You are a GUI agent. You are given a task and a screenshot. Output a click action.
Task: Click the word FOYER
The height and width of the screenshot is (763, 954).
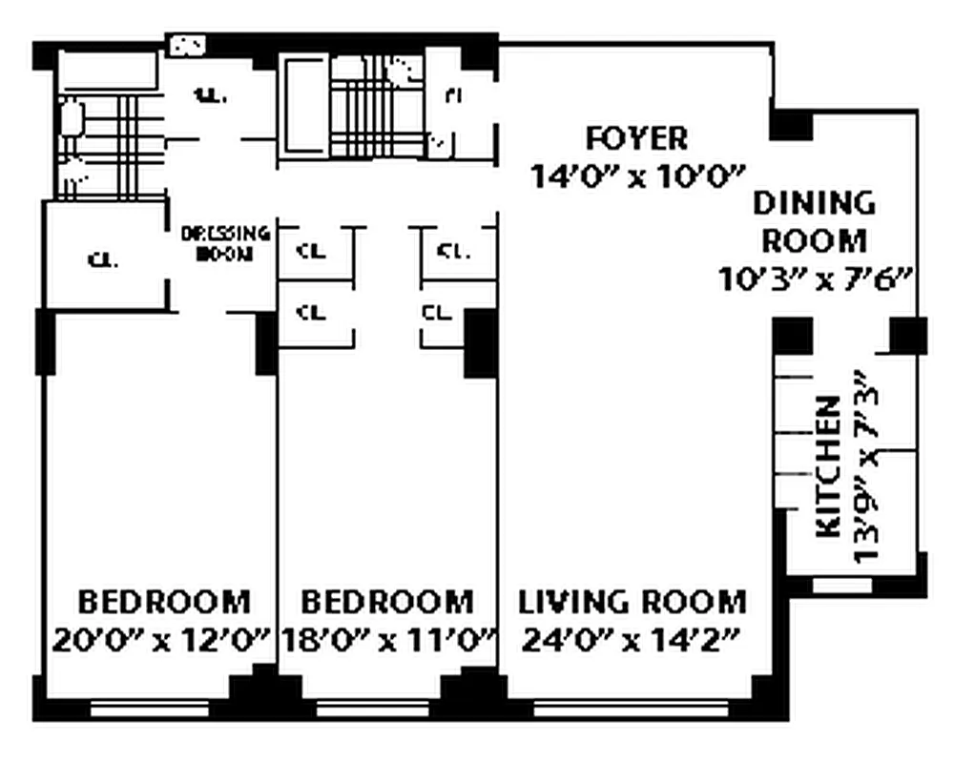pyautogui.click(x=636, y=138)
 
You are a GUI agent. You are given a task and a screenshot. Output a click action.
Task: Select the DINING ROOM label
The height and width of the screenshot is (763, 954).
pyautogui.click(x=814, y=220)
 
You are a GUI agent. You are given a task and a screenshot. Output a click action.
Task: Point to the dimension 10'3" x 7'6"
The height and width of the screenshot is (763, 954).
pyautogui.click(x=817, y=278)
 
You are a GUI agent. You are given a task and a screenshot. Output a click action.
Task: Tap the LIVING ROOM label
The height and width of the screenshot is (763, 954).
pyautogui.click(x=632, y=603)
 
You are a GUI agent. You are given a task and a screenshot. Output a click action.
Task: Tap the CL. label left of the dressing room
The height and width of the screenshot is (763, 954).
pyautogui.click(x=103, y=259)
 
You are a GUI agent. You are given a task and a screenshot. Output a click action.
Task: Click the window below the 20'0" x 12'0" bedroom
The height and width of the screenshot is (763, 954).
pyautogui.click(x=149, y=709)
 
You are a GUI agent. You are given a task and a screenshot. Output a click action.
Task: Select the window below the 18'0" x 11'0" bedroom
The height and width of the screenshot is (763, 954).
pyautogui.click(x=378, y=709)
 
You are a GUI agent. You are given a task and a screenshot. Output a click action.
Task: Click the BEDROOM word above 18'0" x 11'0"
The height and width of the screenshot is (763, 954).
pyautogui.click(x=387, y=603)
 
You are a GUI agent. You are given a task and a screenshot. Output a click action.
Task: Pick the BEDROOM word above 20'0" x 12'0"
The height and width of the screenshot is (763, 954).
pyautogui.click(x=163, y=603)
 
